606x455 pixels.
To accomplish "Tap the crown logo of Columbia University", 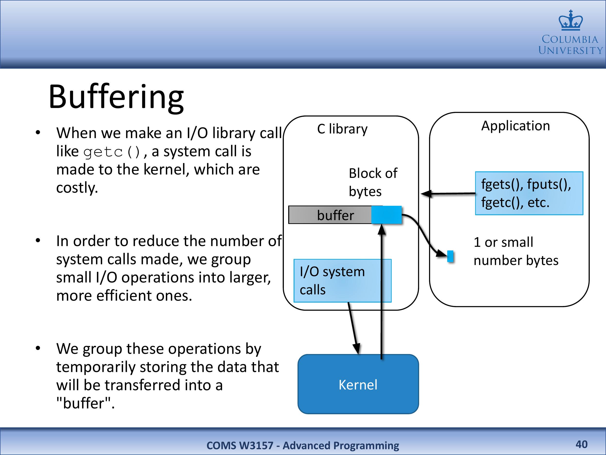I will point(571,21).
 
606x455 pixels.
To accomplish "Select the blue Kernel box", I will point(358,384).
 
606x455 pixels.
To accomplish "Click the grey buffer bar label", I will point(335,215).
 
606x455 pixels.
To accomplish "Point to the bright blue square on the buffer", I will point(386,215).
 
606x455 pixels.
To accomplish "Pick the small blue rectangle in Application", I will point(450,256).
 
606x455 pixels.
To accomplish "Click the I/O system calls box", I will point(342,281).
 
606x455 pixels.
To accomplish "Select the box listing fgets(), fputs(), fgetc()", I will point(529,193).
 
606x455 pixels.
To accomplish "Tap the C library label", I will point(342,129).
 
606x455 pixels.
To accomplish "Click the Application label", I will point(515,126).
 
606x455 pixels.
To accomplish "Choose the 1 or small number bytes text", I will point(516,251).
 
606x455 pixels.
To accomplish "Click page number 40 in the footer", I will point(581,444).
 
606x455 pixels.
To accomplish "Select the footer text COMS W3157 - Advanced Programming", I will point(303,445).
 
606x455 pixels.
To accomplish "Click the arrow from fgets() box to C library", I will point(449,194).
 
